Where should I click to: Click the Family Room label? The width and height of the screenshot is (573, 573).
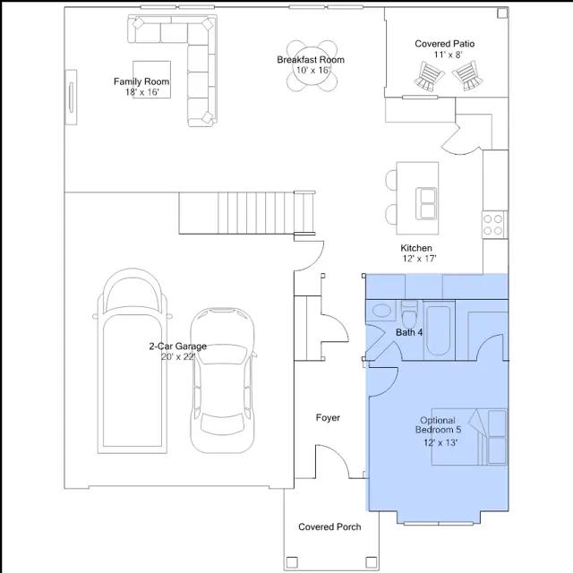click(141, 81)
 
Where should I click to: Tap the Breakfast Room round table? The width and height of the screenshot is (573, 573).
click(312, 65)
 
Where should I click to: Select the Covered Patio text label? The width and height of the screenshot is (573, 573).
click(444, 44)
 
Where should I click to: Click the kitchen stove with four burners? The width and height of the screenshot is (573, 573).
click(493, 225)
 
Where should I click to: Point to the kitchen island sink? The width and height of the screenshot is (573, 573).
click(426, 203)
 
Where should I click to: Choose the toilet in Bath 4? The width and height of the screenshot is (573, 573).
click(409, 314)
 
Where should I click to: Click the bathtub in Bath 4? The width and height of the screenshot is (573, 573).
click(439, 330)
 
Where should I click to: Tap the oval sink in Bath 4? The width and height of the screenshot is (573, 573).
click(381, 311)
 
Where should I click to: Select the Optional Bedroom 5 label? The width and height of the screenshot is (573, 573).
click(438, 425)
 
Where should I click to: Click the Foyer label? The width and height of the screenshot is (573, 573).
click(328, 418)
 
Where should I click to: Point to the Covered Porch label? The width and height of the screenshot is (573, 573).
click(329, 527)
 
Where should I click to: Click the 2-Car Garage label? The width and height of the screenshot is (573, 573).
click(178, 346)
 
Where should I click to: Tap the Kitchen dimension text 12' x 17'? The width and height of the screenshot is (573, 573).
click(420, 259)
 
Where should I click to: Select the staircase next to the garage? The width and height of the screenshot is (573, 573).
click(247, 213)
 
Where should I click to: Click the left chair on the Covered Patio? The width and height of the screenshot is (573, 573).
click(429, 76)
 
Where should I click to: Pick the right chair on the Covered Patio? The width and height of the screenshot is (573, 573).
click(467, 76)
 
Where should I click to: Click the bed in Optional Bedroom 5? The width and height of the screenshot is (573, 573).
click(469, 437)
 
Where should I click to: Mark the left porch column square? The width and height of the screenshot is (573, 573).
click(292, 561)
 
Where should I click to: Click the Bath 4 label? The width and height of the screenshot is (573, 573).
click(409, 332)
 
